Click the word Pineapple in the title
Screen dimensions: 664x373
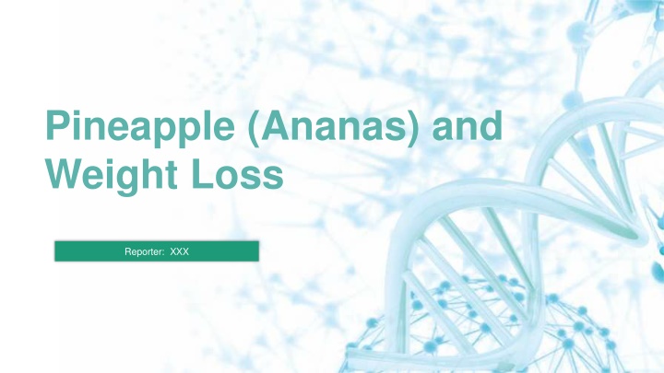140,128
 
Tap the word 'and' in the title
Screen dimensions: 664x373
467,125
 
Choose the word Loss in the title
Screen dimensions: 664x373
237,173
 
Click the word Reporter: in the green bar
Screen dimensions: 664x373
145,252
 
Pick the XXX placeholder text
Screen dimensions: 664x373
179,251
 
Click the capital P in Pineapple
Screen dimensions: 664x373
57,124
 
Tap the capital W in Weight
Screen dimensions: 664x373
65,173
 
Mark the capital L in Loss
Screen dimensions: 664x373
201,173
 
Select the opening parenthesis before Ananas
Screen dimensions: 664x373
254,129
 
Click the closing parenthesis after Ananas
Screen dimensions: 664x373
413,129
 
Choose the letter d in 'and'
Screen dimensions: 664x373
491,125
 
